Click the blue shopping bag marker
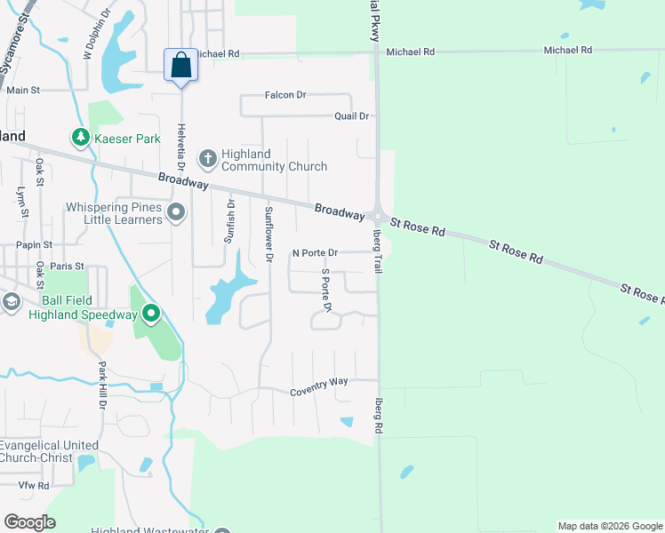(180, 66)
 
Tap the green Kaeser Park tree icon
(81, 138)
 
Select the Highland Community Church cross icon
(207, 159)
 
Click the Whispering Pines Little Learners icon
(176, 212)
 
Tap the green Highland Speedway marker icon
(151, 314)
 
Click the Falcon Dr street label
(284, 94)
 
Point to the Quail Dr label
(351, 116)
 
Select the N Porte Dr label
(316, 253)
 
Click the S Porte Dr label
(326, 290)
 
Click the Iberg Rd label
(378, 415)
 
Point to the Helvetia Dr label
(181, 147)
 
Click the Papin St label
(34, 244)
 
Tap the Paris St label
(67, 266)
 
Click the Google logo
(29, 521)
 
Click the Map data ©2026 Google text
(609, 526)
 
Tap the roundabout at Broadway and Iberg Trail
(379, 216)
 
